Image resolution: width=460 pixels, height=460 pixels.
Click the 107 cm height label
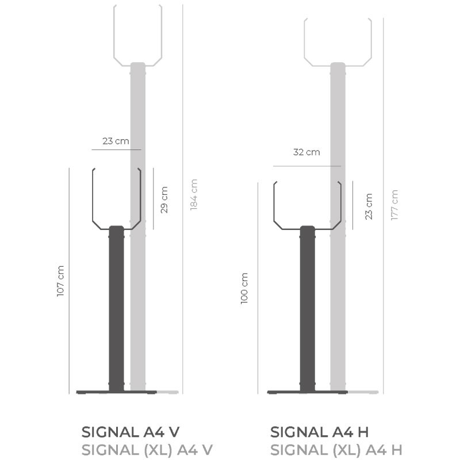[60, 281]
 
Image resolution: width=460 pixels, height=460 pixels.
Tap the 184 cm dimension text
[194, 194]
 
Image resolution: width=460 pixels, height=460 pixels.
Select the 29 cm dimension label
[164, 200]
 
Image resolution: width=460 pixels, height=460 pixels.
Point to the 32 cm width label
[306, 152]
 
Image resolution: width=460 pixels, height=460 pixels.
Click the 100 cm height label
[244, 289]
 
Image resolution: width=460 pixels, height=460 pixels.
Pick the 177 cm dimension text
[394, 205]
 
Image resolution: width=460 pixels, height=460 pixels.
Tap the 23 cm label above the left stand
[116, 141]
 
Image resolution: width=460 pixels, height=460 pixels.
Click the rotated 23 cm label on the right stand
[369, 206]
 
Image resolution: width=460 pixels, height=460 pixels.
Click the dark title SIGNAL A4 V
[131, 432]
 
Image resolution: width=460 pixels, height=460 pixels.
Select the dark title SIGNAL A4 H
[319, 432]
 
